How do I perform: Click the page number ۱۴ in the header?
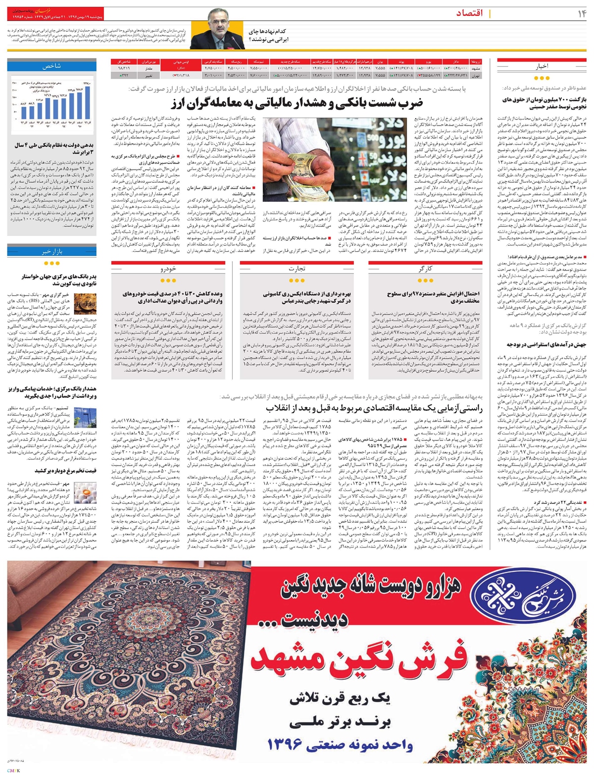coord(579,13)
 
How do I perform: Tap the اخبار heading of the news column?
coord(542,66)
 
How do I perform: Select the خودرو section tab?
coord(165,269)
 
